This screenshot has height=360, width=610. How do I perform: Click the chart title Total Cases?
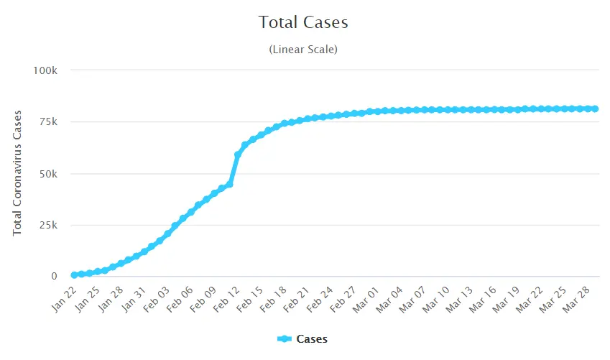(x=303, y=22)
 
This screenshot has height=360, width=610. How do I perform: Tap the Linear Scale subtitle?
(x=303, y=50)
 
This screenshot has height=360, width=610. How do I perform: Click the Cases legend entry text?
(x=311, y=338)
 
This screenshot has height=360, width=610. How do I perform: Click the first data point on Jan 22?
(x=74, y=274)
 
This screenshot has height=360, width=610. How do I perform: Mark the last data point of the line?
(x=596, y=109)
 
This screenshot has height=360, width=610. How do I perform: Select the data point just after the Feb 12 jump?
(x=238, y=154)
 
